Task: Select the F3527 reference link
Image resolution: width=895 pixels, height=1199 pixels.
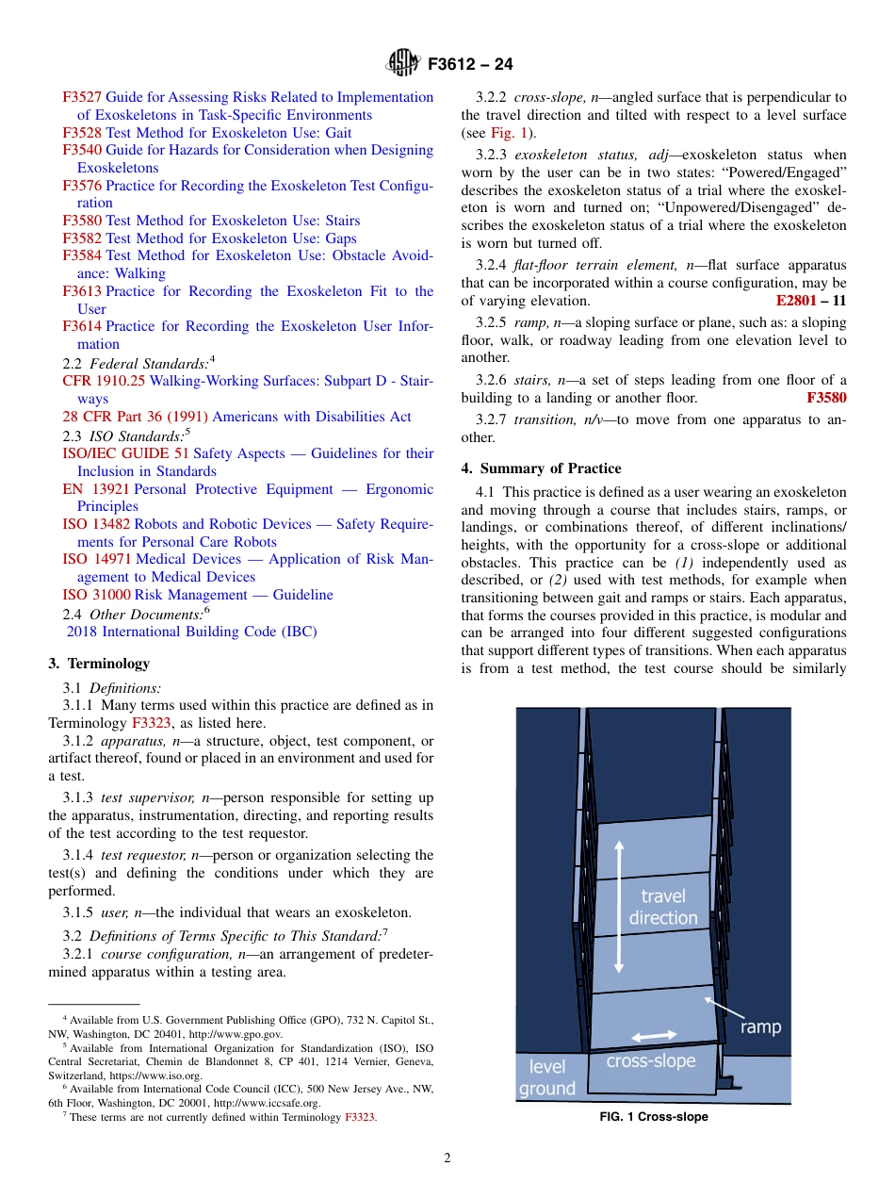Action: tap(82, 97)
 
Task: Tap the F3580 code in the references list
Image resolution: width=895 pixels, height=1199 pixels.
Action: tap(82, 221)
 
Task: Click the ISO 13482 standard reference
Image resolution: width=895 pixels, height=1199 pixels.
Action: tap(91, 524)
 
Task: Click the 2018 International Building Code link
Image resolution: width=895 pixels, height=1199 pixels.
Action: tap(191, 632)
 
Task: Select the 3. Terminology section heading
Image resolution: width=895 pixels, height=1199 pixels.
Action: tap(99, 664)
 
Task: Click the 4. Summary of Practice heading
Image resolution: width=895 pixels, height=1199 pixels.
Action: tap(541, 468)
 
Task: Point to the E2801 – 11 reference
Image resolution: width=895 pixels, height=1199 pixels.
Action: tap(810, 302)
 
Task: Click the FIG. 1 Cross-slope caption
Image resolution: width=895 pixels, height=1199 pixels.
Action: tap(654, 1117)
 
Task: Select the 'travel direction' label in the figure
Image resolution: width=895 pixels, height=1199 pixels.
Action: tap(663, 907)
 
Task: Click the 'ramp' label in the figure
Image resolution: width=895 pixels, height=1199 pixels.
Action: tap(760, 1027)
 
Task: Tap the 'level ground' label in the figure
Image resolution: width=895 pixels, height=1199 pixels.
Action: tap(546, 1077)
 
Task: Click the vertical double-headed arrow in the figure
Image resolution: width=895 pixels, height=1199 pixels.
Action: tap(619, 907)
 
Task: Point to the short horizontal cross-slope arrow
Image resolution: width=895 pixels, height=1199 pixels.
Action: tap(654, 1036)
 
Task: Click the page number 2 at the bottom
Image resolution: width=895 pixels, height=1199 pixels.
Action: tap(447, 1158)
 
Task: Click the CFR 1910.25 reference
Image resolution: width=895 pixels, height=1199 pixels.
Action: tap(104, 381)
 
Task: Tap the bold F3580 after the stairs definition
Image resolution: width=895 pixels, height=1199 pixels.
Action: tap(826, 398)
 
